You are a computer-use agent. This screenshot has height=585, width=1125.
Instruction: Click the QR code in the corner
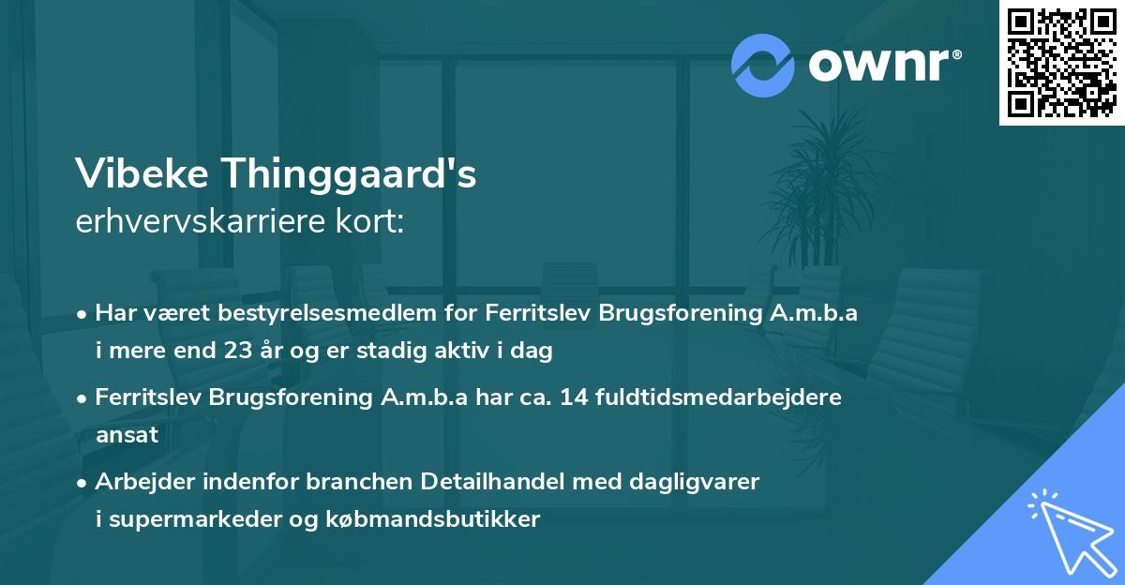coord(1062,62)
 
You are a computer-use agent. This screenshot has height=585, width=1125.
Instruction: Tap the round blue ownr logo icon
coord(763,65)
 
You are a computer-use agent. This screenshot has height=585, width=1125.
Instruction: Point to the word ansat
coord(127,435)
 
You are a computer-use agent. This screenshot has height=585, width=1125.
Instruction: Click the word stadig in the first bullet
coord(406,352)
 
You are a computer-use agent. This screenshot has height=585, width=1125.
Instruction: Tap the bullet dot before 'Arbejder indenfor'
coord(82,483)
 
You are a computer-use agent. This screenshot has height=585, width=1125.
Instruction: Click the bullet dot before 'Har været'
coord(82,314)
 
